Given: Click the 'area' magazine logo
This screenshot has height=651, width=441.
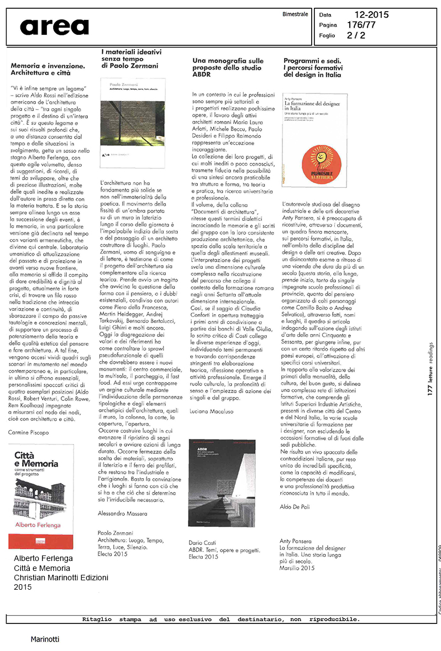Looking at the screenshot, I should point(54,27).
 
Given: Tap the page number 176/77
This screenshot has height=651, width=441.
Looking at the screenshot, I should point(361,25).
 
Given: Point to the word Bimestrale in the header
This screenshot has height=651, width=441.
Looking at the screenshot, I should point(295,14).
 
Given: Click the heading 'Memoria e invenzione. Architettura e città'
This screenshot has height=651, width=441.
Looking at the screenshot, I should point(48,69).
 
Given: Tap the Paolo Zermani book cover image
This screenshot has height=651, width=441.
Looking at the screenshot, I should point(133,123).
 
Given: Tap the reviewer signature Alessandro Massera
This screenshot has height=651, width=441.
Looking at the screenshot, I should point(124,513).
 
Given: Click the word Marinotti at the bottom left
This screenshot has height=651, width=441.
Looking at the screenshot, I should point(45,639).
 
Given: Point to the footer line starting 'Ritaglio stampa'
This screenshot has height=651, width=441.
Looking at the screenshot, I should point(221,620).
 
